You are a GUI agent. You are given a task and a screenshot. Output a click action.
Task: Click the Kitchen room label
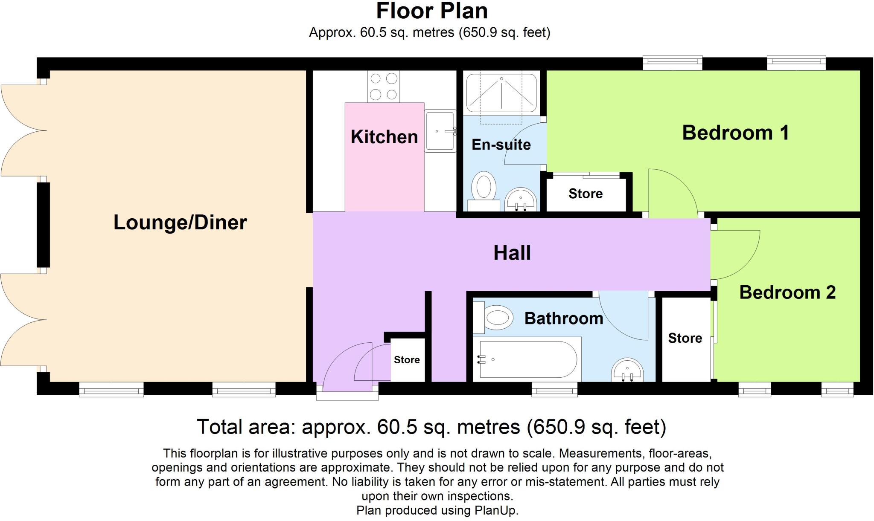click(384, 137)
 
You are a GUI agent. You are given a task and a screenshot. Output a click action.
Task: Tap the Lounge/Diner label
click(180, 223)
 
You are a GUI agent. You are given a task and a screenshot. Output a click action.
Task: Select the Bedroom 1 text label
click(735, 133)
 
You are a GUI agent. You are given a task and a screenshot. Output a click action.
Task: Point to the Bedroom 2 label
click(787, 292)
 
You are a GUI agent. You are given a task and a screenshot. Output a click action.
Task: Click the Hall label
click(512, 253)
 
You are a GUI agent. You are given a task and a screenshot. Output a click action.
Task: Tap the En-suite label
click(501, 145)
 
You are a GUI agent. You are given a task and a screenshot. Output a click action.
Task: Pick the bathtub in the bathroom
click(527, 359)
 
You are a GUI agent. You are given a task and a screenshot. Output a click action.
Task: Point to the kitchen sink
click(440, 131)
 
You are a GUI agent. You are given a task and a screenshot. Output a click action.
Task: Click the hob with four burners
click(383, 87)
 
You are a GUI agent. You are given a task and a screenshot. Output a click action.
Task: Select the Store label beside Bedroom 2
click(685, 338)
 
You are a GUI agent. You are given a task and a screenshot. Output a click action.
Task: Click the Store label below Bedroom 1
click(586, 194)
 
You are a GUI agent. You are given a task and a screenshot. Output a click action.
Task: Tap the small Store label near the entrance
click(407, 360)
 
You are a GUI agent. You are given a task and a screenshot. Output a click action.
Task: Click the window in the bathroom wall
click(554, 390)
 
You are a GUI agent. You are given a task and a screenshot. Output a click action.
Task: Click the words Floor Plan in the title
click(432, 11)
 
